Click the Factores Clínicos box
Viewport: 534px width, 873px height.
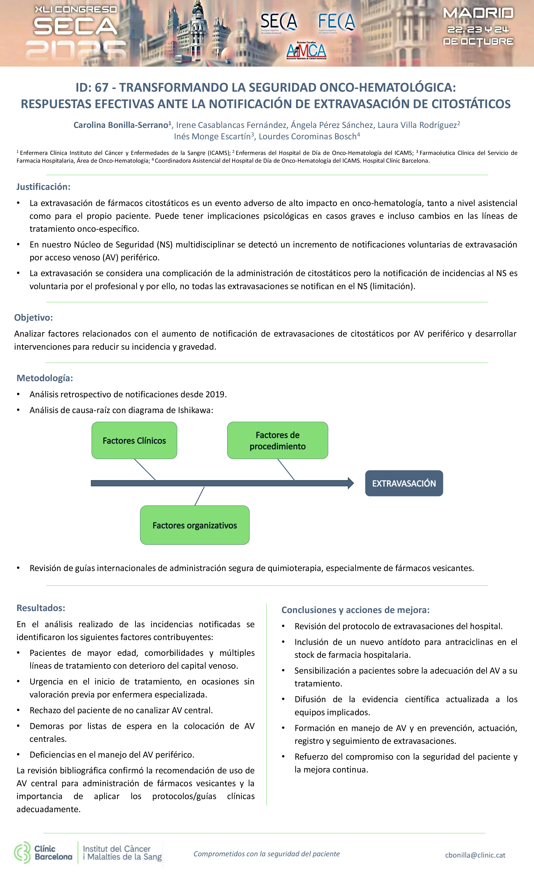coord(134,440)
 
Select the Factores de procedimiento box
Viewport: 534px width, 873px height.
coord(278,440)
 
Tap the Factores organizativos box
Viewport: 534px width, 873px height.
coord(195,525)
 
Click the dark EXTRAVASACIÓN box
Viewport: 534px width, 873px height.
coord(404,483)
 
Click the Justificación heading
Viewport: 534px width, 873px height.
coord(43,187)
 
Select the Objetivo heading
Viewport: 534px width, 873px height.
coord(33,317)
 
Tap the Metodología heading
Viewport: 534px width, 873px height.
coord(45,378)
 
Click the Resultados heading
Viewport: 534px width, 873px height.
coord(41,608)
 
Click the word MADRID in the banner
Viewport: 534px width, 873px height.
coord(478,13)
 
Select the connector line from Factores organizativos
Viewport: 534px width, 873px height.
coord(199,496)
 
